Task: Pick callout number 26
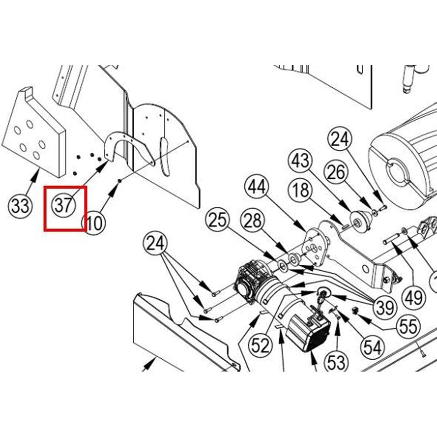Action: tap(336, 173)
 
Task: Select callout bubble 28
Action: tap(253, 221)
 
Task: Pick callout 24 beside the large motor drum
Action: tap(340, 140)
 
